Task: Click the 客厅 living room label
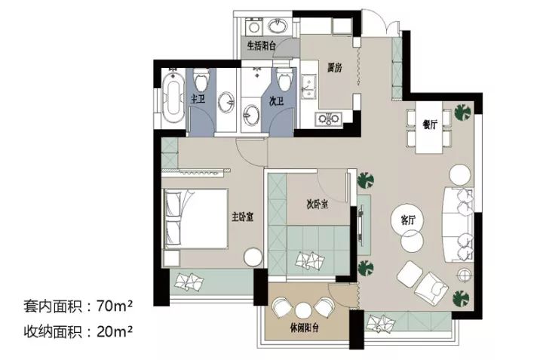tap(408, 220)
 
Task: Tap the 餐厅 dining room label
tap(430, 125)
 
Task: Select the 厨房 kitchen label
tap(335, 68)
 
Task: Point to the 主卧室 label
tap(242, 217)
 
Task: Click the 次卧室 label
tap(317, 204)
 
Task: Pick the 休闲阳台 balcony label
tap(304, 328)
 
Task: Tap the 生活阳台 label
tap(262, 46)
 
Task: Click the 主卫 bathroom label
tap(198, 99)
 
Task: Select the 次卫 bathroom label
tap(277, 101)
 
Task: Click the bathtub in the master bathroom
tap(173, 97)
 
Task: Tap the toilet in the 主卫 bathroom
tap(201, 79)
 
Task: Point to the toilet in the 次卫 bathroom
tap(284, 78)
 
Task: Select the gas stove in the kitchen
tap(329, 118)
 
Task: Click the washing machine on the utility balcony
tap(254, 26)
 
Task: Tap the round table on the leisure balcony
tap(302, 309)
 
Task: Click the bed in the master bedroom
tap(195, 218)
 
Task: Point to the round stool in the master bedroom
tap(253, 257)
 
